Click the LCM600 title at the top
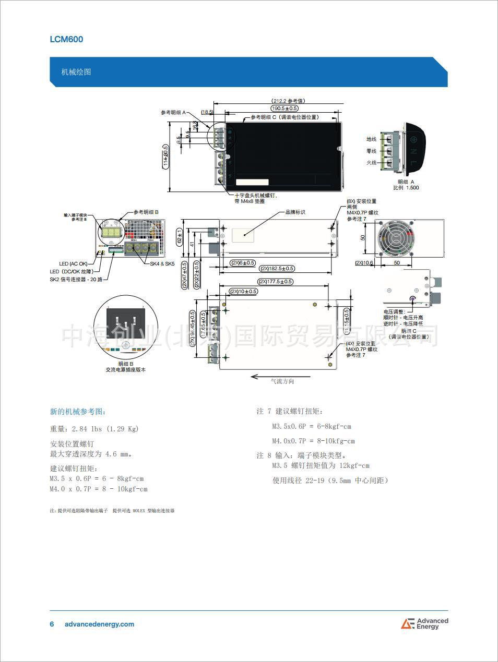click(66, 39)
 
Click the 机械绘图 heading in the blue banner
click(76, 71)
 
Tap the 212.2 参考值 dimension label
click(289, 101)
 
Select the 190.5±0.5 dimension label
click(284, 108)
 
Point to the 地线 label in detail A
click(371, 139)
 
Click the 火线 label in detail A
click(371, 163)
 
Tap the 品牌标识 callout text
click(295, 212)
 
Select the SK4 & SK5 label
click(162, 263)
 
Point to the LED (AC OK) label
click(74, 264)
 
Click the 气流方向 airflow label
click(282, 381)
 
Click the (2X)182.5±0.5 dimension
click(277, 269)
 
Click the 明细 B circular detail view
click(125, 327)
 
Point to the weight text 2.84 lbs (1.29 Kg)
click(94, 429)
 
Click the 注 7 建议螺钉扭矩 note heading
click(290, 412)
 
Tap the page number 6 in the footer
click(52, 624)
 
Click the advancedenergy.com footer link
click(99, 624)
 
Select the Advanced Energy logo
click(424, 623)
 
